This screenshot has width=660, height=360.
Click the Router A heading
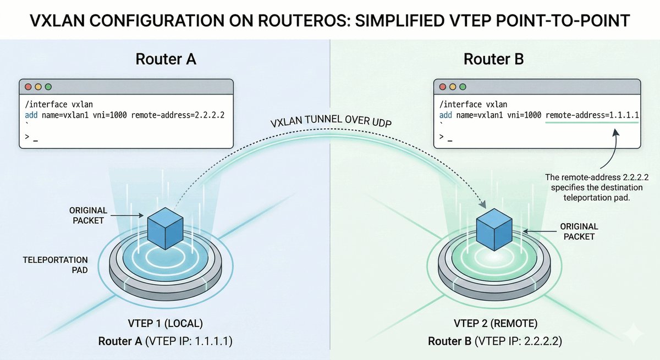pos(164,59)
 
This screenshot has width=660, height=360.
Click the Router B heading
pos(494,59)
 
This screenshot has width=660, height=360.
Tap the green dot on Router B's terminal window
pos(463,87)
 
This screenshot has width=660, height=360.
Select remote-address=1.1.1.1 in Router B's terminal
pos(592,116)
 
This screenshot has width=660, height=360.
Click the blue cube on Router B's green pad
pos(493,225)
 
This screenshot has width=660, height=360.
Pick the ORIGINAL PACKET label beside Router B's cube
pos(579,231)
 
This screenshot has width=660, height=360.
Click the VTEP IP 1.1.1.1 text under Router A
pos(188,341)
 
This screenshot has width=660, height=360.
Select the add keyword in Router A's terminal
pos(31,116)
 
